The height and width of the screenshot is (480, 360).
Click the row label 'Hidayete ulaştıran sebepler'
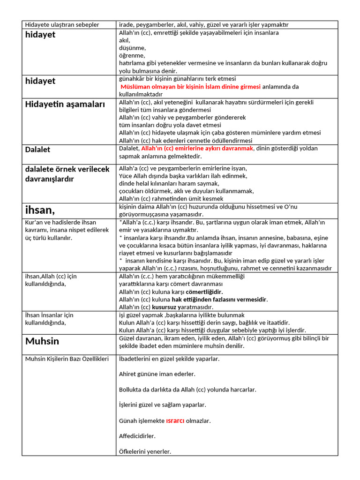pos(62,24)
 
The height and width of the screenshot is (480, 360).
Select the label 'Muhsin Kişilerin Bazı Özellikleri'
pos(67,359)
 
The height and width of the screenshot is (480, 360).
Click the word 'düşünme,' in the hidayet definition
pos(132,48)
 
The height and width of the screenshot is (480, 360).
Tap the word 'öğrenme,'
pos(132,55)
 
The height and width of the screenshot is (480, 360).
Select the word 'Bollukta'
pos(132,390)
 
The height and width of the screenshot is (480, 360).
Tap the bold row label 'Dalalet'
pos(37,150)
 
